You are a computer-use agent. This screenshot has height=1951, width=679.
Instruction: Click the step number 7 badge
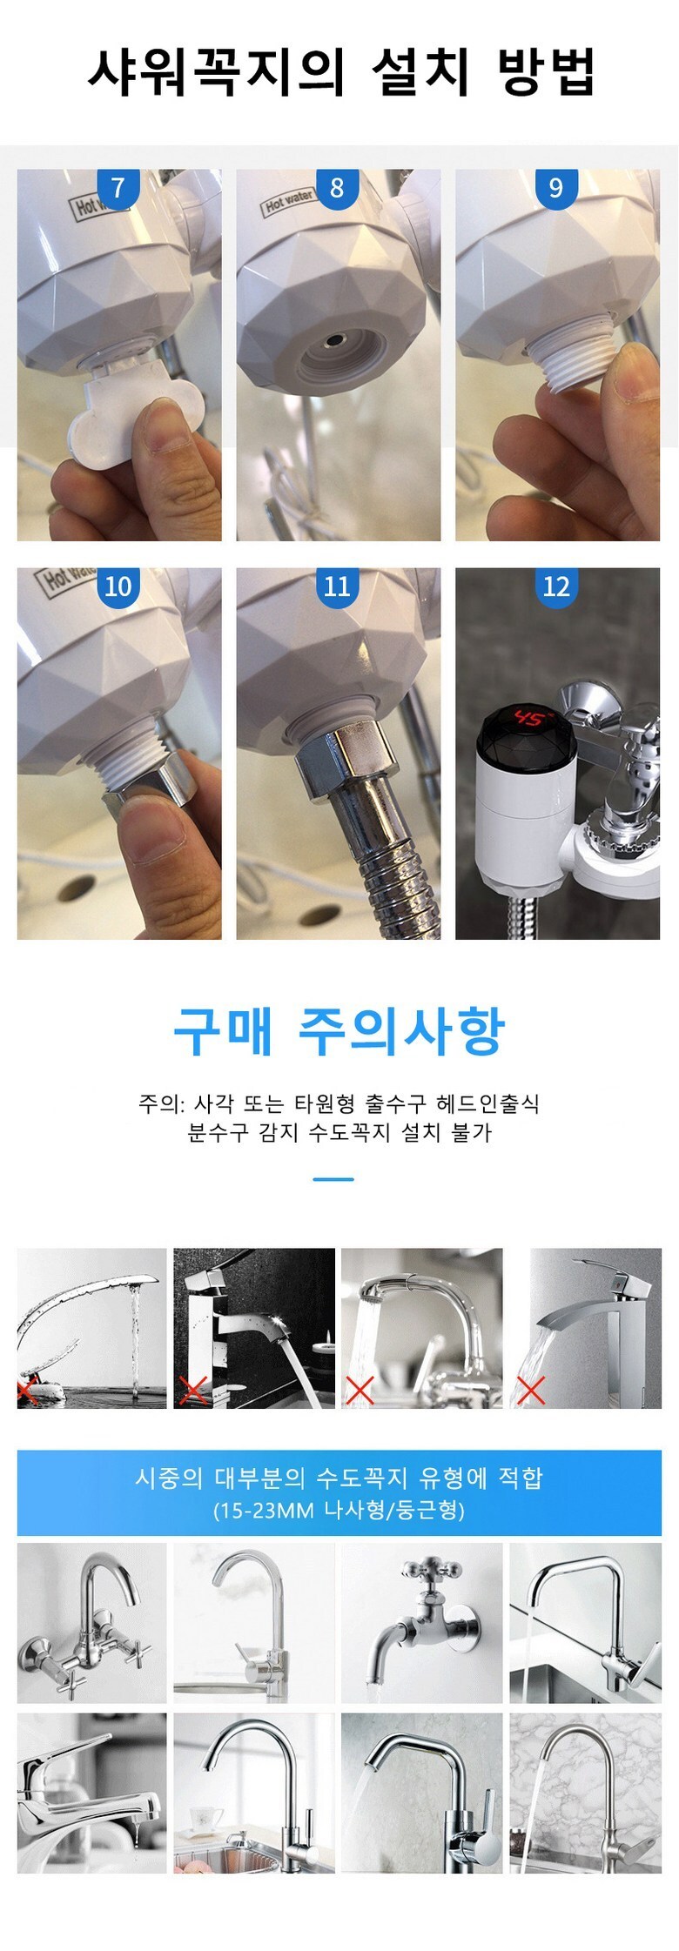coord(118,188)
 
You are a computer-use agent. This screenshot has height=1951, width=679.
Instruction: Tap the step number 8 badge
coord(337,188)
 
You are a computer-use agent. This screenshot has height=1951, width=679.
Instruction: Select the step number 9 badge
coord(556,188)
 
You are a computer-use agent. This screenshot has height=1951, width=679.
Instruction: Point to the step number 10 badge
coord(118,587)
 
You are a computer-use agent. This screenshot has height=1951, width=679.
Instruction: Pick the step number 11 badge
coord(337,587)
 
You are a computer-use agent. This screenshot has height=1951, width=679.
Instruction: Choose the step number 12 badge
coord(556,587)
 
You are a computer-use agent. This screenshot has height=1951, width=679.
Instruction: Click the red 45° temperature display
coord(530,719)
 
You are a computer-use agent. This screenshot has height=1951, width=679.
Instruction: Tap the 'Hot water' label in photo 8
coord(288,202)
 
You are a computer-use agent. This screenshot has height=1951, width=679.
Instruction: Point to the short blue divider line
coord(333,1179)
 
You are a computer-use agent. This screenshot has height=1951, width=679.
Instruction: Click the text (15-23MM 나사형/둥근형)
coord(339,1510)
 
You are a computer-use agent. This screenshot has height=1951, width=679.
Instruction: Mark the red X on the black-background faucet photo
coord(192,1391)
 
